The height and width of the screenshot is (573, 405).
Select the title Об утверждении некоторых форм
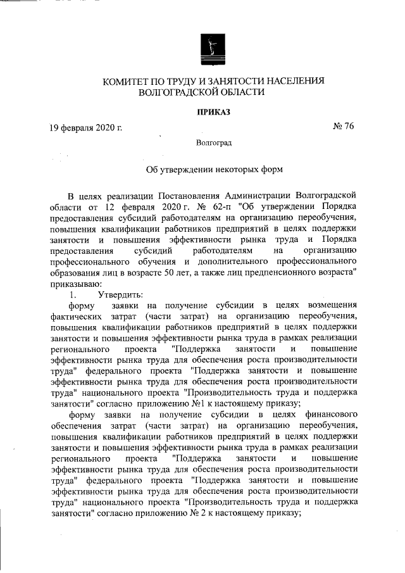pos(210,170)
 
